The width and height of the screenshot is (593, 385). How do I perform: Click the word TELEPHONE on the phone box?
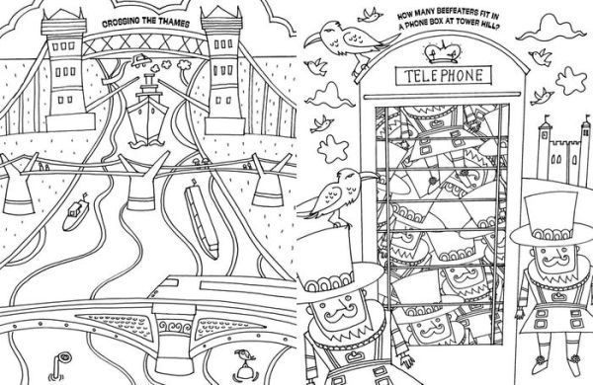444,76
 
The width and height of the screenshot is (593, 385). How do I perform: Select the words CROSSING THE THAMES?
146,23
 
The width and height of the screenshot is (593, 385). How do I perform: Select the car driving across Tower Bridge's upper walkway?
141,59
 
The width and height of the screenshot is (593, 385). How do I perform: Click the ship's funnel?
148,80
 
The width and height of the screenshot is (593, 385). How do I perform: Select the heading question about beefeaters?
448,21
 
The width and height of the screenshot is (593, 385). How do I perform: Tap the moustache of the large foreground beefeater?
340,312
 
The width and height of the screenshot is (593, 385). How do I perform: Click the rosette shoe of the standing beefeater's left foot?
540,363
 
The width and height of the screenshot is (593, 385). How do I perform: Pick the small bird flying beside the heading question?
370,15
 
